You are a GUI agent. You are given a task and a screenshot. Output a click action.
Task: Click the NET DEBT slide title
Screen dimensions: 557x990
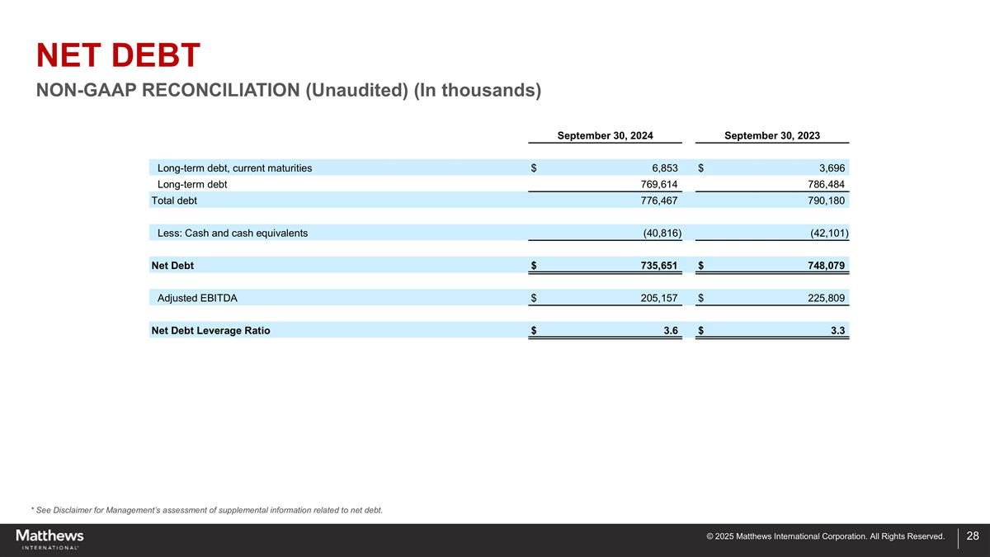click(x=118, y=56)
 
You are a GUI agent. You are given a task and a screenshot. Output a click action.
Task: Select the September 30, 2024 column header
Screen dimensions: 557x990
click(x=606, y=135)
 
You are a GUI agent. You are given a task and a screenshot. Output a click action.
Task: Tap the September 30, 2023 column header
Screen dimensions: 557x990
click(x=772, y=135)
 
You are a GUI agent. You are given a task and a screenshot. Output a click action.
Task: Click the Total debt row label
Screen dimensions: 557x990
click(x=174, y=201)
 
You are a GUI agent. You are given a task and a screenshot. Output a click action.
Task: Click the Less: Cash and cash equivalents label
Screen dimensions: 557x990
click(x=233, y=233)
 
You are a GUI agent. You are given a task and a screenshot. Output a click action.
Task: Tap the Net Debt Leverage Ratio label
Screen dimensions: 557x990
click(x=210, y=331)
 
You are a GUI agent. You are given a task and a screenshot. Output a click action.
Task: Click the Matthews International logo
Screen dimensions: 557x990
click(x=49, y=539)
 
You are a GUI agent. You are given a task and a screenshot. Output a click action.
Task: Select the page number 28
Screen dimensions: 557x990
click(x=972, y=536)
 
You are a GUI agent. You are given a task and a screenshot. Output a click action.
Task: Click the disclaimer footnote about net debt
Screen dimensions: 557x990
click(x=206, y=510)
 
